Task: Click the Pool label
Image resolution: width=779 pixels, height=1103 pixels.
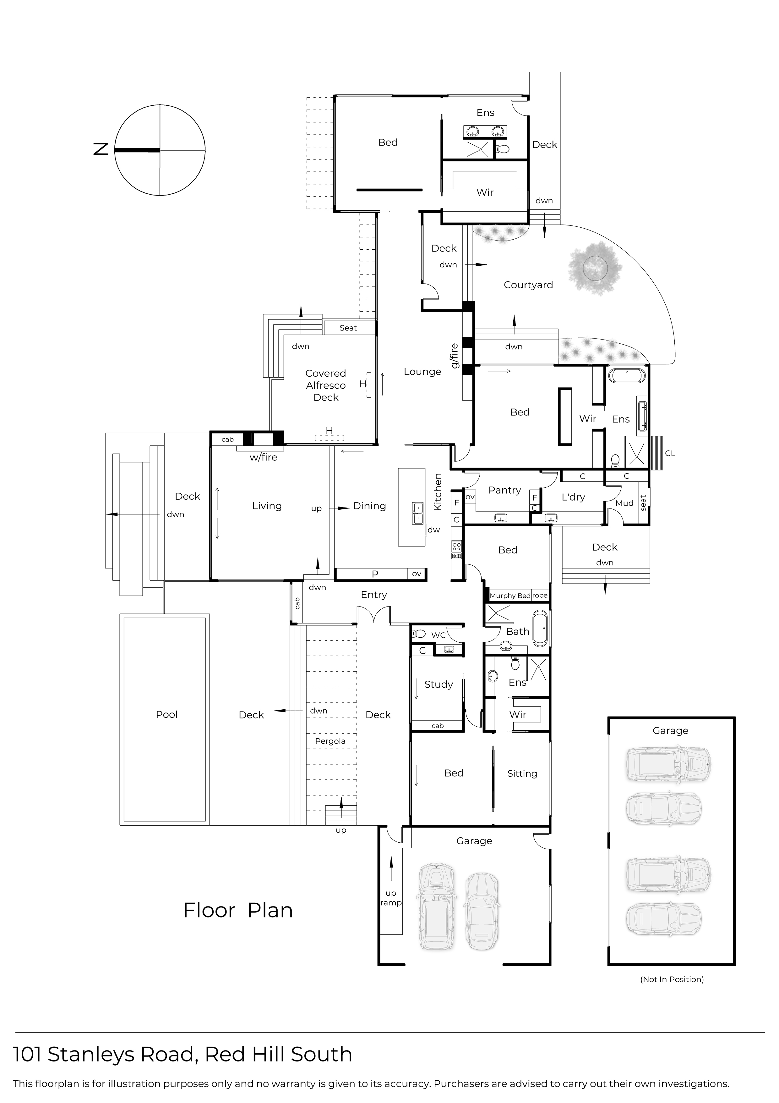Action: coord(166,714)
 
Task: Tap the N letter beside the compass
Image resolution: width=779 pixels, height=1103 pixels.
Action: coord(101,149)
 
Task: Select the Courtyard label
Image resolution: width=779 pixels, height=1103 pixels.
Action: coord(528,285)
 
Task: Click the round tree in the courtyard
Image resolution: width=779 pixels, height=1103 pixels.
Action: coord(595,267)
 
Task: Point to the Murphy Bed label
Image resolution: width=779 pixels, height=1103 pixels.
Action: coord(510,596)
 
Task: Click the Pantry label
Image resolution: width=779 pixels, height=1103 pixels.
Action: coord(504,490)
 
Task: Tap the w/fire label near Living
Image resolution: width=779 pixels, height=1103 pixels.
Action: coord(263,457)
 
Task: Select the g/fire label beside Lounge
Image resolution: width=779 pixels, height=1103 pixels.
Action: coord(454,356)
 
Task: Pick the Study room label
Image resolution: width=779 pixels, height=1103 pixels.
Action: coord(438,684)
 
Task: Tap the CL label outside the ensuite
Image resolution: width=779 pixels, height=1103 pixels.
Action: coord(670,453)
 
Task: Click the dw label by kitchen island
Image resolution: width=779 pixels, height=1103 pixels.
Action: coord(433,530)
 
